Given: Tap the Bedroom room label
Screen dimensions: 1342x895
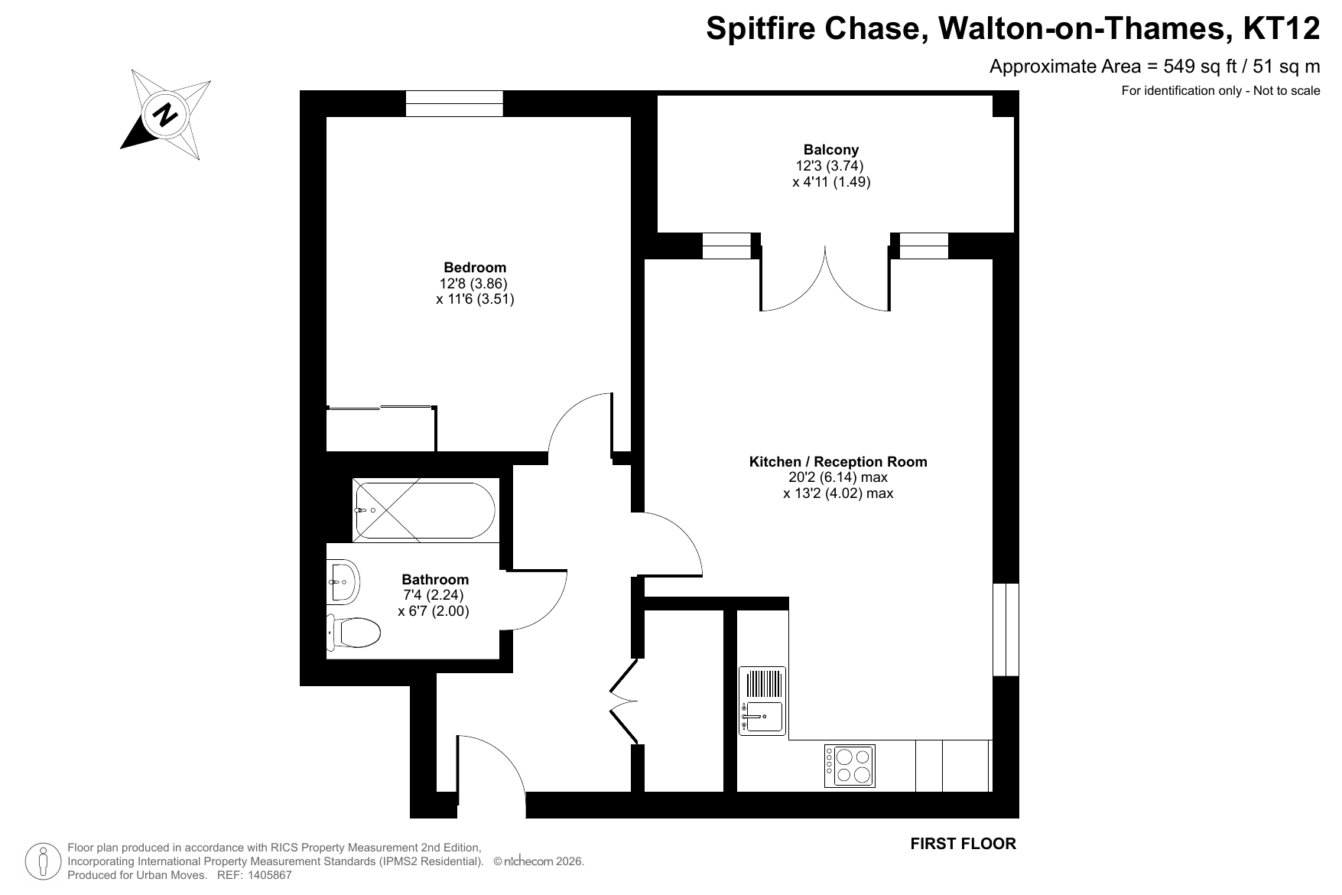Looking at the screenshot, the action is pyautogui.click(x=475, y=268).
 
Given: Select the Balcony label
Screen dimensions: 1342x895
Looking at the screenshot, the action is pyautogui.click(x=831, y=150).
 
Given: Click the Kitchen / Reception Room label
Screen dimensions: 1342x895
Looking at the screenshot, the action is pyautogui.click(x=838, y=462).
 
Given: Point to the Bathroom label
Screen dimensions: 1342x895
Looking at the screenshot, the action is pyautogui.click(x=435, y=580).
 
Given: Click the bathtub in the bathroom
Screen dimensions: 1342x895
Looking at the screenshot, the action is pyautogui.click(x=424, y=509).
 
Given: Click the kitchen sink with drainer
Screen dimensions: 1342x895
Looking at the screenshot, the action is pyautogui.click(x=762, y=701).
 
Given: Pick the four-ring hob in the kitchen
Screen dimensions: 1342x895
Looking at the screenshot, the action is pyautogui.click(x=850, y=766).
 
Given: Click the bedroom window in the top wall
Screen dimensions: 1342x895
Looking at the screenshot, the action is pyautogui.click(x=454, y=103).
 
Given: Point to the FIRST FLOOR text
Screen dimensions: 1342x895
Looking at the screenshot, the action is pyautogui.click(x=963, y=844).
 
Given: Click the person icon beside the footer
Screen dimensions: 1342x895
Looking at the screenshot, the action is pyautogui.click(x=44, y=861).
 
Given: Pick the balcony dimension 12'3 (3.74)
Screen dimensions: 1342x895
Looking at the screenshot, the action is pyautogui.click(x=830, y=166).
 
